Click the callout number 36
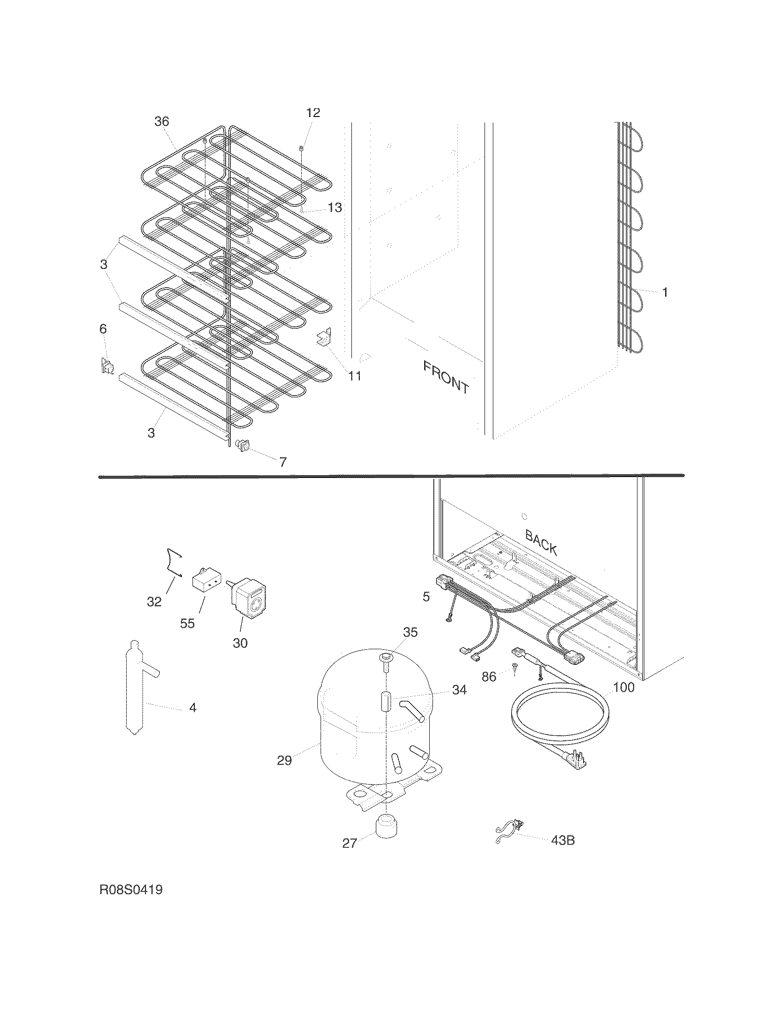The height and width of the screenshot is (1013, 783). [x=162, y=122]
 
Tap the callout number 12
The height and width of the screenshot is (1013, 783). [x=314, y=113]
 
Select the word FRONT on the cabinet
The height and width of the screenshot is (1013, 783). [x=446, y=377]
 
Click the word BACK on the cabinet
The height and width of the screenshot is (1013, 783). [x=541, y=542]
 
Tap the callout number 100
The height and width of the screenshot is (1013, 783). [x=624, y=687]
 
